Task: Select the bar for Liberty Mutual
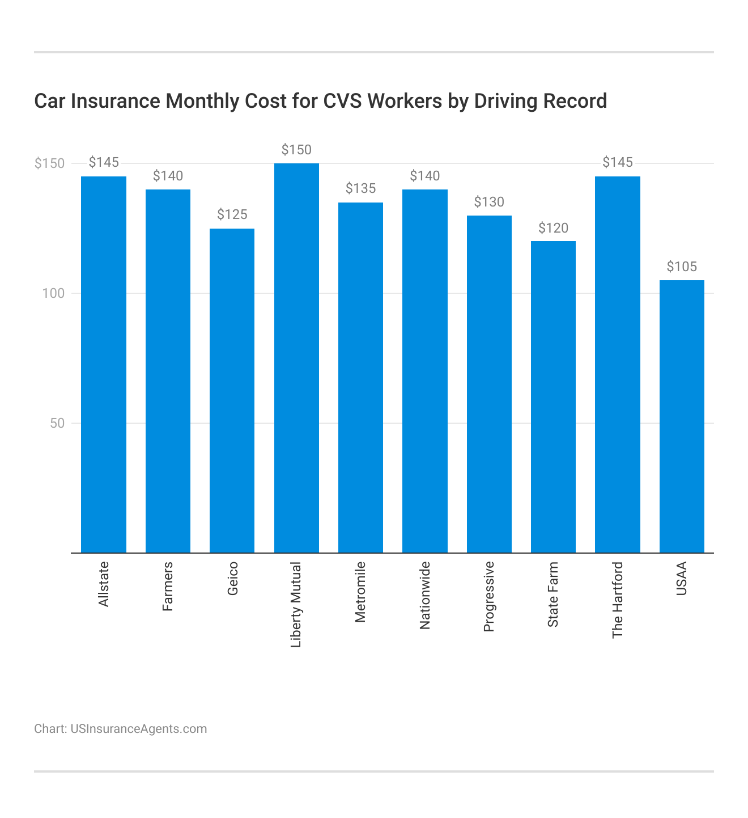tap(296, 357)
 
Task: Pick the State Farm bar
tap(553, 397)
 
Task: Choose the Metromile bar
tap(360, 377)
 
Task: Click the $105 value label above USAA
tap(682, 267)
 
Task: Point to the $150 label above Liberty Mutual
tap(296, 150)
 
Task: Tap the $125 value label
tap(232, 214)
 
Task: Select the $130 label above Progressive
tap(489, 202)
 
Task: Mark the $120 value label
tap(553, 228)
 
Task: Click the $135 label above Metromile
tap(360, 188)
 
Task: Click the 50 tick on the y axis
tap(58, 423)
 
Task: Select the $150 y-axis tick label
tap(50, 164)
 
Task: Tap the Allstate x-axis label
tap(104, 584)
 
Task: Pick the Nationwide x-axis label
tap(425, 595)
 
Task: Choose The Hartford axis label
tap(618, 600)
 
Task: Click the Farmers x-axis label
tap(168, 587)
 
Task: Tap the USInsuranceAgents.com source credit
tap(138, 729)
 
